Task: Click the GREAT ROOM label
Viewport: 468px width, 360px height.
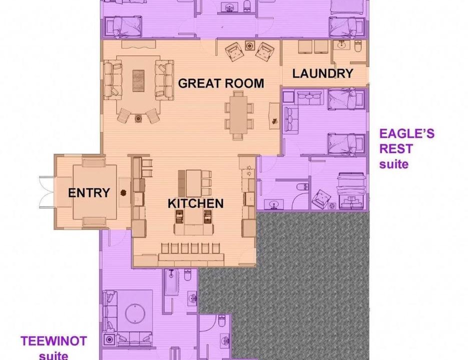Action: click(221, 83)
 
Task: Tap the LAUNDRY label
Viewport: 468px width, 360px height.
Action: click(323, 73)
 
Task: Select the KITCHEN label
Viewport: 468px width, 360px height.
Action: click(196, 203)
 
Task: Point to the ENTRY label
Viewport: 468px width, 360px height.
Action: click(89, 193)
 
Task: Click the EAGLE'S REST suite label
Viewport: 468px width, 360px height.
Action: click(407, 148)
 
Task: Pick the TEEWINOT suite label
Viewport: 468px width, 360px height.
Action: click(54, 348)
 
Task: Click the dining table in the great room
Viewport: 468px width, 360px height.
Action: click(238, 114)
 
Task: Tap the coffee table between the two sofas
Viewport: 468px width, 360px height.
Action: click(139, 80)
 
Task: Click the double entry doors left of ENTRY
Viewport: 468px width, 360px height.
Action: click(47, 192)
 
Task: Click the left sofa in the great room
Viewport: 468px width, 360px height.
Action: click(113, 80)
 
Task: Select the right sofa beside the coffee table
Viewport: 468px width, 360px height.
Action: click(164, 80)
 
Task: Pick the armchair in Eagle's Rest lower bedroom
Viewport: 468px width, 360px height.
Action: click(321, 197)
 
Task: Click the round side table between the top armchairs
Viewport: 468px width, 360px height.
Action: click(249, 45)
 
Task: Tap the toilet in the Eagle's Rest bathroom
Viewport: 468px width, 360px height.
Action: click(302, 187)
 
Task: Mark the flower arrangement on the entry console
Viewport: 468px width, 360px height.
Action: click(123, 192)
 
